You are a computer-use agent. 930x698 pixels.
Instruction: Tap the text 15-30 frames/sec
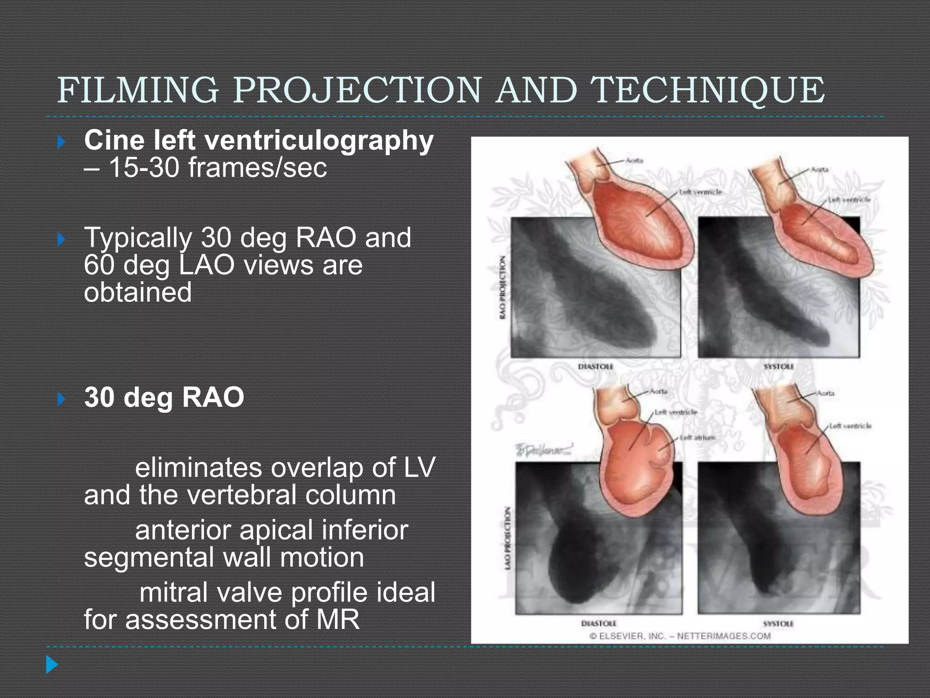218,168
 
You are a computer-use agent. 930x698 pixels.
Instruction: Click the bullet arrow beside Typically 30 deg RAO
61,239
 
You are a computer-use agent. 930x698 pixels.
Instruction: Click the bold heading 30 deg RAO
164,397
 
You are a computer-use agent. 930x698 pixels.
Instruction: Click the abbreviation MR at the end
338,619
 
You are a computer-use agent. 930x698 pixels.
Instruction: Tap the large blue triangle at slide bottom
52,665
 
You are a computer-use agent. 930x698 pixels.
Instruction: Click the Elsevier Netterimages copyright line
680,636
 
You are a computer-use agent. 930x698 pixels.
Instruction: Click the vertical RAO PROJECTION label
502,287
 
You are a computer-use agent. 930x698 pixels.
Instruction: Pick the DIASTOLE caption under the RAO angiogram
595,367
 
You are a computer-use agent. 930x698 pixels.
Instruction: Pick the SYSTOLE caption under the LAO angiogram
778,624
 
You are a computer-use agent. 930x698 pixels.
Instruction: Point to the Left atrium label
697,438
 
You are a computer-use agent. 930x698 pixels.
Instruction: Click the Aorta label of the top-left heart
634,161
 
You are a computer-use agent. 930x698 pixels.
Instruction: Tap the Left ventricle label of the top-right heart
849,199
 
